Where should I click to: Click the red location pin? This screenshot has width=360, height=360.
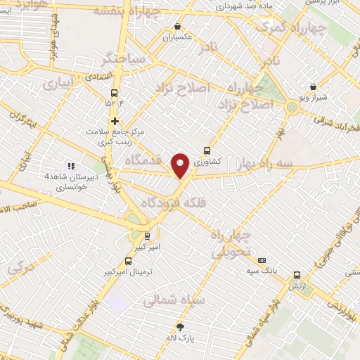click(181, 165)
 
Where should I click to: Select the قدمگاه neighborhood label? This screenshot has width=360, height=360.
click(143, 160)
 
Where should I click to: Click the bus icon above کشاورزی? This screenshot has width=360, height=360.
click(207, 150)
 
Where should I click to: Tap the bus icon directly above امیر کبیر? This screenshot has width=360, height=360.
click(147, 236)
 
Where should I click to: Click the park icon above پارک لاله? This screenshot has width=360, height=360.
click(180, 327)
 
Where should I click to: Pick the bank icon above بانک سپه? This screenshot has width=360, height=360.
click(262, 259)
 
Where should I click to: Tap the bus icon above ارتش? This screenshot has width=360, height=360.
click(297, 276)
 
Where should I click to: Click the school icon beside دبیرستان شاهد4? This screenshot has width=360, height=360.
click(70, 166)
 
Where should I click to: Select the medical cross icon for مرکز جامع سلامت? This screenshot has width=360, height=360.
click(115, 121)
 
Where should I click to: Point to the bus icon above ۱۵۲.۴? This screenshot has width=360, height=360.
click(115, 93)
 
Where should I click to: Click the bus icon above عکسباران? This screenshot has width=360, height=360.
click(177, 27)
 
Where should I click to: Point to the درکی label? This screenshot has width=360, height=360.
click(20, 267)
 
